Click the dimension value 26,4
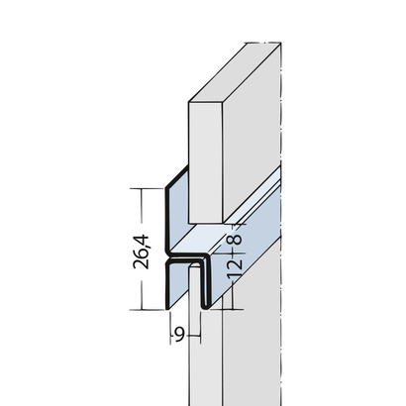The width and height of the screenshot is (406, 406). coord(142,252)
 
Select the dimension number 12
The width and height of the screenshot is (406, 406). coord(236,267)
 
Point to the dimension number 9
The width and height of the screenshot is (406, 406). coord(179,335)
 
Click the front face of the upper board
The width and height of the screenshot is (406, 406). coord(205,162)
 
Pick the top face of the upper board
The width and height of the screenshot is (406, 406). coord(235,72)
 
